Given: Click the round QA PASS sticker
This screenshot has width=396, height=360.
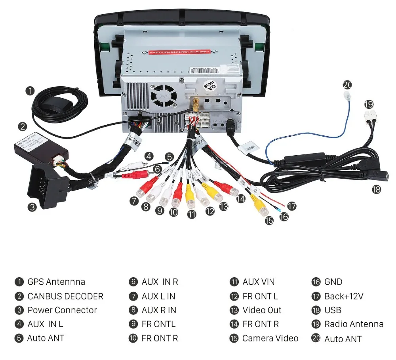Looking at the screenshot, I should (209, 85).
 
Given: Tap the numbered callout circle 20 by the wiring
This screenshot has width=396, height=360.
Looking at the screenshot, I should (347, 85).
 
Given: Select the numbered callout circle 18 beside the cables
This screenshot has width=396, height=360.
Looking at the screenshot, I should (376, 189).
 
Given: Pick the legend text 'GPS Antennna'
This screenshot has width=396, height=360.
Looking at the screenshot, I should (56, 282).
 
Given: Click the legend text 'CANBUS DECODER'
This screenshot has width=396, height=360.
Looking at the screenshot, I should (65, 296).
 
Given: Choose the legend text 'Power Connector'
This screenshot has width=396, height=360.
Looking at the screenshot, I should (62, 310).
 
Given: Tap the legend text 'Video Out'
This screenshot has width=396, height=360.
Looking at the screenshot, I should (262, 310).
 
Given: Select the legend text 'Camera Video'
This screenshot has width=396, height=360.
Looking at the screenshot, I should (270, 338).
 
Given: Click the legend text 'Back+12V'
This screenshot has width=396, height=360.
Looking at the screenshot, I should (344, 296).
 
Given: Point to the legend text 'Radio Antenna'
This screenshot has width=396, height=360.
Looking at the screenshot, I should (354, 324).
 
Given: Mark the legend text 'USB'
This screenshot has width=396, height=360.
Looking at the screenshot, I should (333, 310).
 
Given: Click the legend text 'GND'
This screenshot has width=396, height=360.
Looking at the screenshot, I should (333, 282).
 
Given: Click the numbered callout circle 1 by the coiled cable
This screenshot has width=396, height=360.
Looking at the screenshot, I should (30, 91).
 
